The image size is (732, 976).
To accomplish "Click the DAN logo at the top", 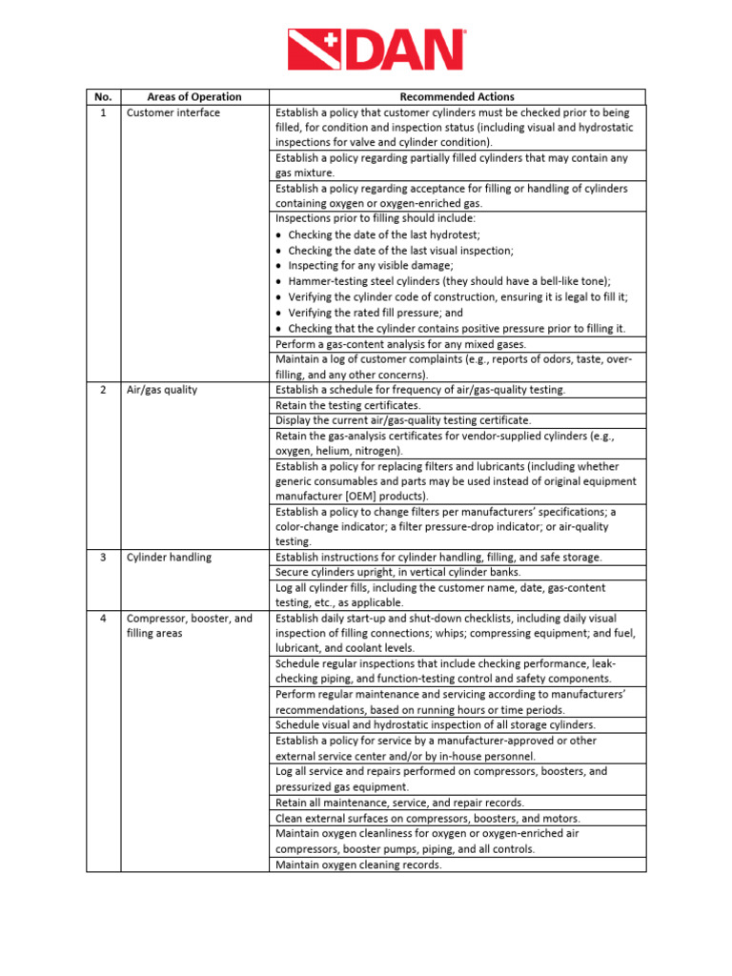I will [377, 50].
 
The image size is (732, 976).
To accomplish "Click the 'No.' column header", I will [103, 97].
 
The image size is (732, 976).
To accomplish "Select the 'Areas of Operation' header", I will [194, 97].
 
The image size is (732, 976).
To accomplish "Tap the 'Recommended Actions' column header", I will [457, 97].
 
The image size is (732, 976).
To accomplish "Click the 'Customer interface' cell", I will [173, 112].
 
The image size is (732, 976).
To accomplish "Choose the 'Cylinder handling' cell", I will [170, 558].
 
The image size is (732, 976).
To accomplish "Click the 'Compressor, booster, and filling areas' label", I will [190, 626].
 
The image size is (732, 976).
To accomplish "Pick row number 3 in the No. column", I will [103, 558].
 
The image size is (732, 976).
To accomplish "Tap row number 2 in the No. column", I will [103, 390].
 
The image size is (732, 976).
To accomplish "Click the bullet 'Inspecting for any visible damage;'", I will [371, 266].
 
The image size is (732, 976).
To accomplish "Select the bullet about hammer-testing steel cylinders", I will [449, 281].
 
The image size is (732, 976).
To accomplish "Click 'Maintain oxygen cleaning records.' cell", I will [358, 865].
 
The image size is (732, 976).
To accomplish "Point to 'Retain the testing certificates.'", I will [348, 405].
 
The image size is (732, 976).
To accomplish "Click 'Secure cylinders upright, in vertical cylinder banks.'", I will [398, 572].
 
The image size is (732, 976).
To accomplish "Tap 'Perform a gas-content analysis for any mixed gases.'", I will [400, 344].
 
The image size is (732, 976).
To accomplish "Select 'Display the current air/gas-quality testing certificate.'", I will [403, 420].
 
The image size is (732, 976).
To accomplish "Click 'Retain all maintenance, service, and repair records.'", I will [399, 803].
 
